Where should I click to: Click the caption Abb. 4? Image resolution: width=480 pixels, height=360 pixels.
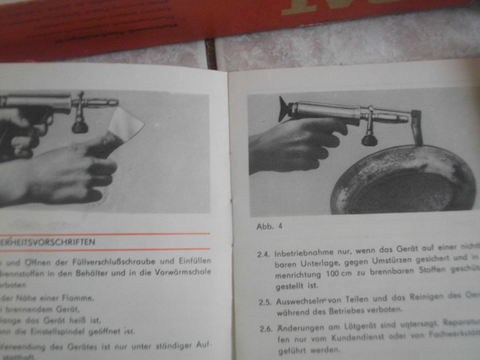coord(269,226)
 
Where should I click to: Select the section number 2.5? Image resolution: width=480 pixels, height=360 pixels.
coord(265,302)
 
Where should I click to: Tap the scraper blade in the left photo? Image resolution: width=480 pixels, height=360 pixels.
coord(127,125)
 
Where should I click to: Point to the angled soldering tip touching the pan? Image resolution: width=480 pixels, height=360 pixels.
coord(416,128)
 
